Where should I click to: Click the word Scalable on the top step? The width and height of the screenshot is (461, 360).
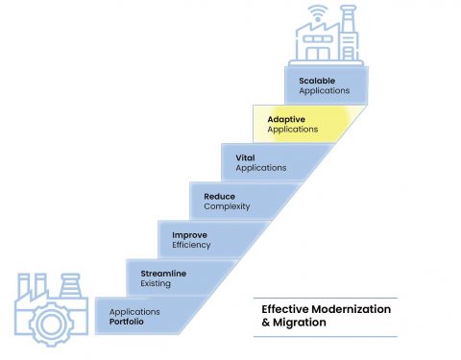pos(317,80)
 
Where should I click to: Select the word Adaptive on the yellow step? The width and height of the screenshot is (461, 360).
pos(287,119)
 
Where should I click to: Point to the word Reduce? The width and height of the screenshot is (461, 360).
pos(220,197)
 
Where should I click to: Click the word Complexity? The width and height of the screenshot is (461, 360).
pos(226,206)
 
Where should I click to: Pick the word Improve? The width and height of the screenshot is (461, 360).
pos(189,235)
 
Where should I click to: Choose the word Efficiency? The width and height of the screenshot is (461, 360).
pos(192,246)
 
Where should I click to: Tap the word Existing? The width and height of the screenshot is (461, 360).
pos(157,285)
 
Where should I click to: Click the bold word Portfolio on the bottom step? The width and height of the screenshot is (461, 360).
pos(128,323)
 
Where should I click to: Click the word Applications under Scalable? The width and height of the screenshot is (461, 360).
pos(324,90)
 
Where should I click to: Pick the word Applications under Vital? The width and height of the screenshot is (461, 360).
pos(260,168)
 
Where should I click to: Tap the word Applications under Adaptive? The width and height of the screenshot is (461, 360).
pos(293,130)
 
